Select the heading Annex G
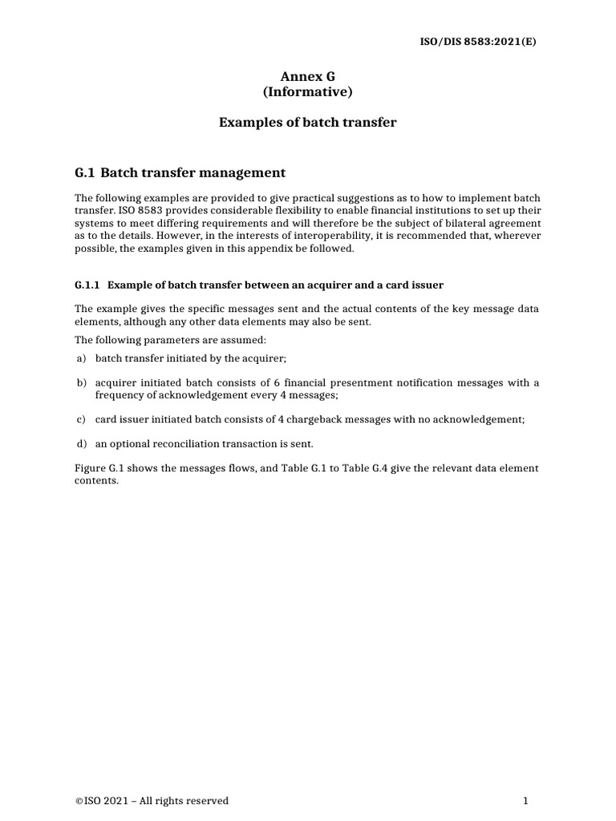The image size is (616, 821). pyautogui.click(x=307, y=76)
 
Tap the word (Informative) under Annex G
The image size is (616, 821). pyautogui.click(x=307, y=92)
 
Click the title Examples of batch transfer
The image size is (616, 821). pyautogui.click(x=307, y=123)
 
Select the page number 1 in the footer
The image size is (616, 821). pyautogui.click(x=525, y=801)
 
